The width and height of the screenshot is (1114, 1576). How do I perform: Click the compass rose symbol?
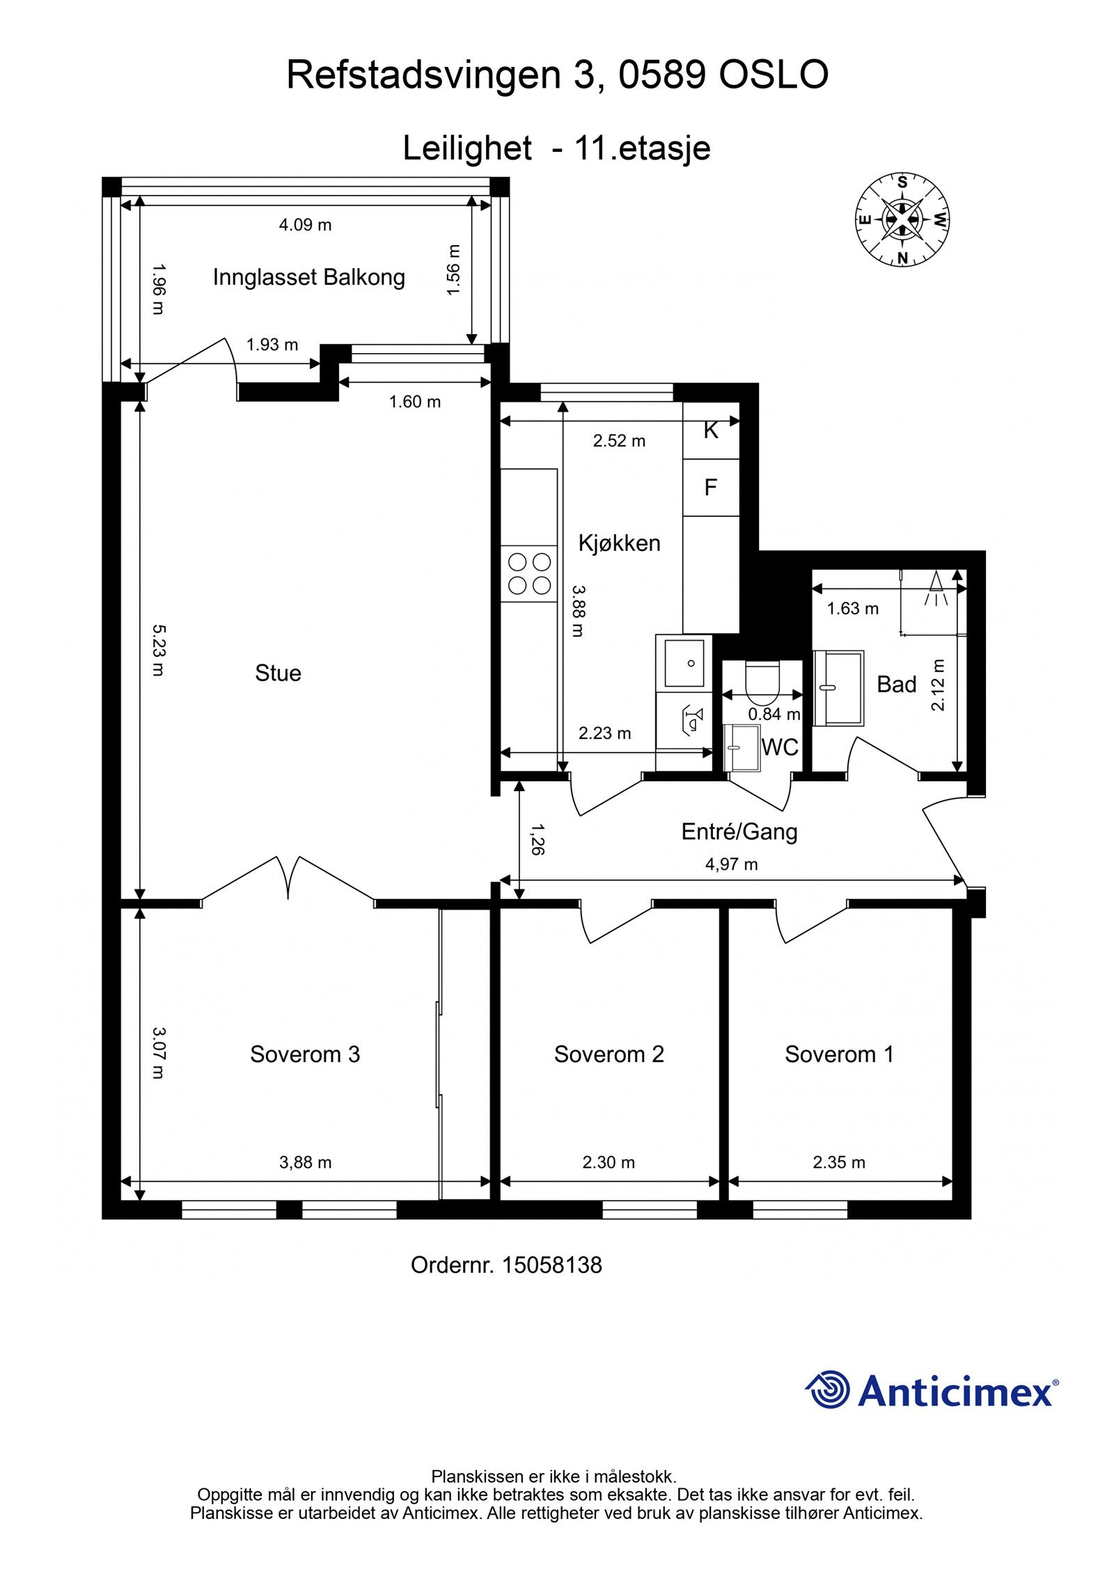click(902, 219)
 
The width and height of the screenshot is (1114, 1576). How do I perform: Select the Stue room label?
click(278, 673)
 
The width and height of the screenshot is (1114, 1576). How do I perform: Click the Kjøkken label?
click(619, 543)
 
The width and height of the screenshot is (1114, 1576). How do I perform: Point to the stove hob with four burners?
click(529, 573)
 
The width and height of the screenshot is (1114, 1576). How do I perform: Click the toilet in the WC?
click(763, 682)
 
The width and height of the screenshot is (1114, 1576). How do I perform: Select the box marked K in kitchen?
click(710, 431)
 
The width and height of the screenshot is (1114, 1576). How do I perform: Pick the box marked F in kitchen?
click(710, 487)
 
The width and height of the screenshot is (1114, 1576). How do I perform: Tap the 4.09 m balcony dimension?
click(305, 225)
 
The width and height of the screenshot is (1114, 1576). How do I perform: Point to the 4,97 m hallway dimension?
click(731, 865)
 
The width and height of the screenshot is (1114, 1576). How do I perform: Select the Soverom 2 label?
click(609, 1054)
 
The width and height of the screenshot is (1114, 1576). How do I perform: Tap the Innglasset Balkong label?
click(308, 278)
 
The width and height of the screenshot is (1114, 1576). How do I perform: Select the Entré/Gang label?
click(739, 832)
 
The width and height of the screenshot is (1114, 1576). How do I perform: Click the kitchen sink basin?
click(684, 662)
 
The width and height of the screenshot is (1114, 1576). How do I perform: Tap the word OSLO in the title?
click(773, 75)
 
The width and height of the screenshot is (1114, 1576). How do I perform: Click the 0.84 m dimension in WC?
click(774, 714)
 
